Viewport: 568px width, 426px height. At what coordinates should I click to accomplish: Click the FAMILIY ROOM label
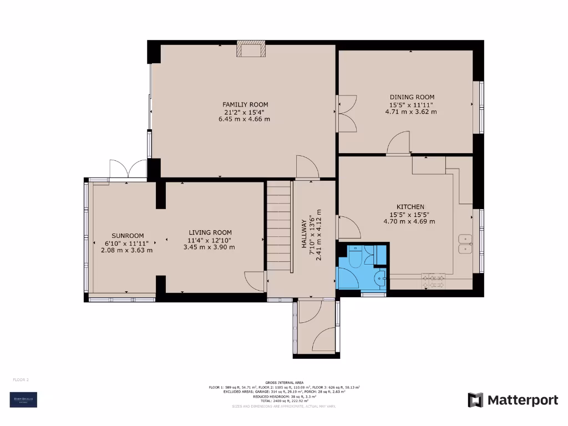click(245, 104)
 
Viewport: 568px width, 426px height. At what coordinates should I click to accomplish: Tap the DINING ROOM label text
click(411, 97)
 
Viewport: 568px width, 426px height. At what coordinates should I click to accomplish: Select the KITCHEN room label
click(410, 206)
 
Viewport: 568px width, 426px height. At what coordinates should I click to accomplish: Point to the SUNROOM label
click(127, 235)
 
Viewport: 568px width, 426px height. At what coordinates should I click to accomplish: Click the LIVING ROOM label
click(210, 232)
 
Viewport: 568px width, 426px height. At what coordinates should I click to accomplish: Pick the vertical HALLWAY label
click(304, 238)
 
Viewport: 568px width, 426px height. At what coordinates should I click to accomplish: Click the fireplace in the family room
click(251, 49)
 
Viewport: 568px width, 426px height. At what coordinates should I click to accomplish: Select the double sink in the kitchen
click(464, 244)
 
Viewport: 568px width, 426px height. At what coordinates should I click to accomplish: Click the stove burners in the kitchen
click(433, 281)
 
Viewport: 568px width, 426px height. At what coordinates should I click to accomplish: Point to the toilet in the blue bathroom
click(355, 256)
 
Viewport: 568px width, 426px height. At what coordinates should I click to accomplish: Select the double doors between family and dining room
click(346, 113)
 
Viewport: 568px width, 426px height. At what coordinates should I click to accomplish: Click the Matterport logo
click(513, 400)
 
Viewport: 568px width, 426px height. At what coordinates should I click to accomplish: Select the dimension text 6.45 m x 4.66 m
click(245, 119)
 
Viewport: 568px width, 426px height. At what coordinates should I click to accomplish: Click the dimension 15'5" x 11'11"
click(410, 104)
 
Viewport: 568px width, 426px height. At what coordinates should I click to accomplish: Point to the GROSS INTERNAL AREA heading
click(283, 383)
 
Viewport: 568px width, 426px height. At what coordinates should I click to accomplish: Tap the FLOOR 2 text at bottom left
click(21, 379)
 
